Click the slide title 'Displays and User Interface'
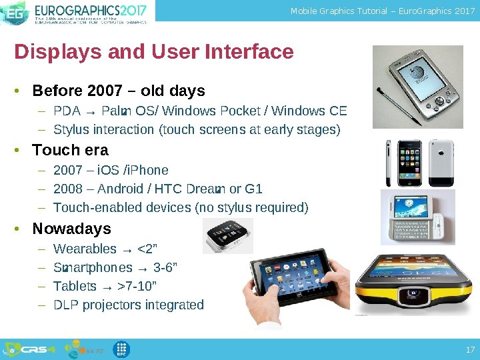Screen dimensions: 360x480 coord(154,52)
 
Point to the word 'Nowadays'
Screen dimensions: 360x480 coord(71,229)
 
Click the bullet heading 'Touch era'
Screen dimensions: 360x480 coord(70,150)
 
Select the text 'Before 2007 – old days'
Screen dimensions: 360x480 coord(119,91)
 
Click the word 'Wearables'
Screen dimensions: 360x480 coord(85,249)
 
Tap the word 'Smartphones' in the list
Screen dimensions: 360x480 coord(93,268)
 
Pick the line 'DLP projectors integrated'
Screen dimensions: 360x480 coord(129,305)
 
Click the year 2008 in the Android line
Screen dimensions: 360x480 coord(67,189)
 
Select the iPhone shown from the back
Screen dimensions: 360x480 coord(441,163)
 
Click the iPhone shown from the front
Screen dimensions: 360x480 coord(401,163)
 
